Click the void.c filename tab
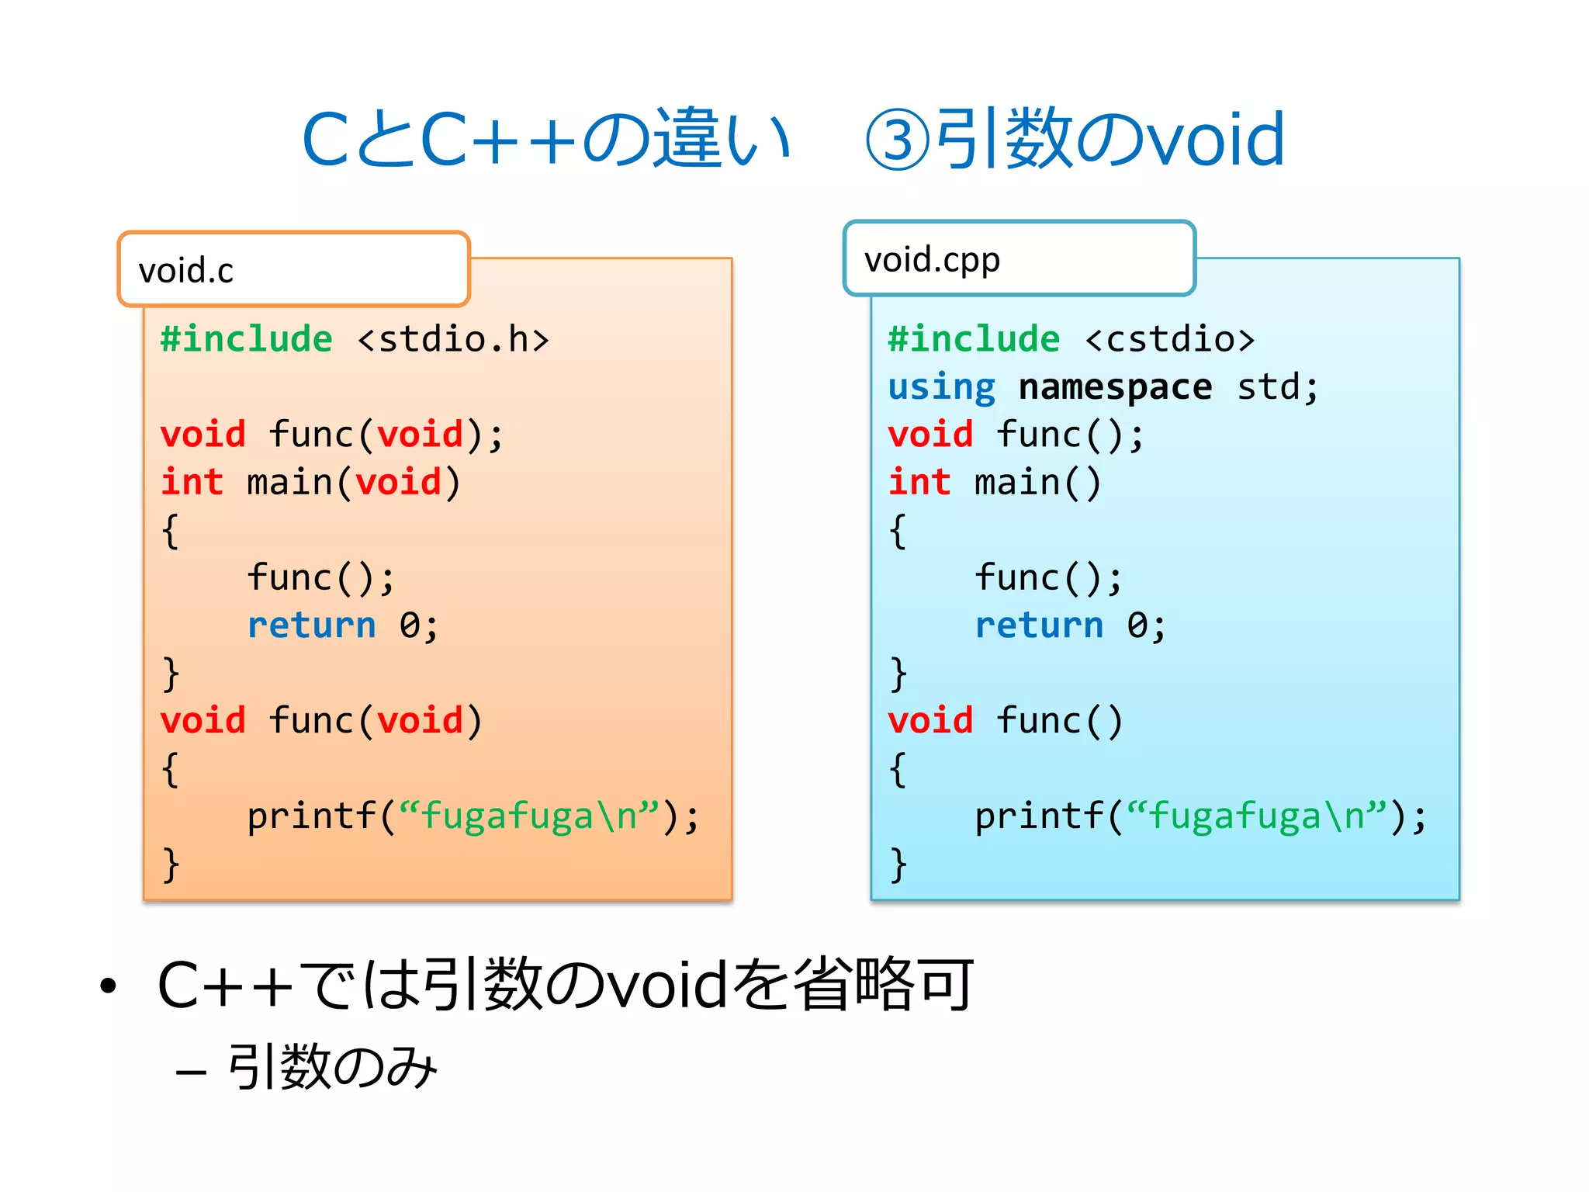pyautogui.click(x=293, y=270)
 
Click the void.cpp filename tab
pyautogui.click(x=1019, y=259)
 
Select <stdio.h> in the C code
pyautogui.click(x=453, y=340)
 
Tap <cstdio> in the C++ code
pyautogui.click(x=1169, y=340)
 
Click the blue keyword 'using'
pyautogui.click(x=941, y=387)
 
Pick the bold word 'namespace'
pyautogui.click(x=1115, y=387)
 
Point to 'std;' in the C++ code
pyautogui.click(x=1277, y=387)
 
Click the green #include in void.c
pyautogui.click(x=246, y=340)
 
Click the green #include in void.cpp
pyautogui.click(x=974, y=340)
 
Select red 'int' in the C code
pyautogui.click(x=192, y=483)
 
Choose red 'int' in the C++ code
pyautogui.click(x=919, y=483)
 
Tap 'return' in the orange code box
pyautogui.click(x=311, y=625)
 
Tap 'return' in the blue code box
pyautogui.click(x=1039, y=625)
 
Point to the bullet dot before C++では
pyautogui.click(x=108, y=986)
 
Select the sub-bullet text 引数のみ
pyautogui.click(x=332, y=1068)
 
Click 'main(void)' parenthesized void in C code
pyautogui.click(x=398, y=483)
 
